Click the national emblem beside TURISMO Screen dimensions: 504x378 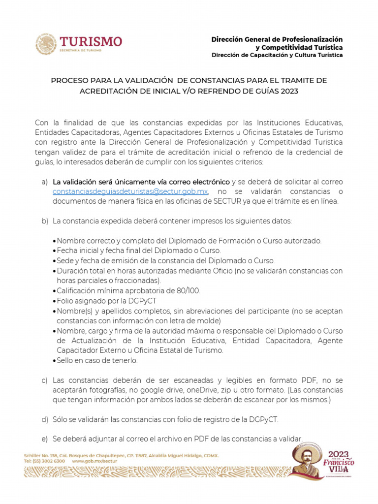pyautogui.click(x=46, y=44)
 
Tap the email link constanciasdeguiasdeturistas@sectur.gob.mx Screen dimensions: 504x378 pyautogui.click(x=130, y=191)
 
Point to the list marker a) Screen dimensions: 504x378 pyautogui.click(x=44, y=182)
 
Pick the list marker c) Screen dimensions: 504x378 pyautogui.click(x=44, y=380)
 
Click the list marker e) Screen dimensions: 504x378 pyautogui.click(x=44, y=439)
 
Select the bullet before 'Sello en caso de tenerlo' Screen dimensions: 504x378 pyautogui.click(x=54, y=361)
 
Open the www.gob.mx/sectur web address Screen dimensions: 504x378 pyautogui.click(x=94, y=462)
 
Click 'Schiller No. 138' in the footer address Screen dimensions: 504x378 pyautogui.click(x=39, y=456)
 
